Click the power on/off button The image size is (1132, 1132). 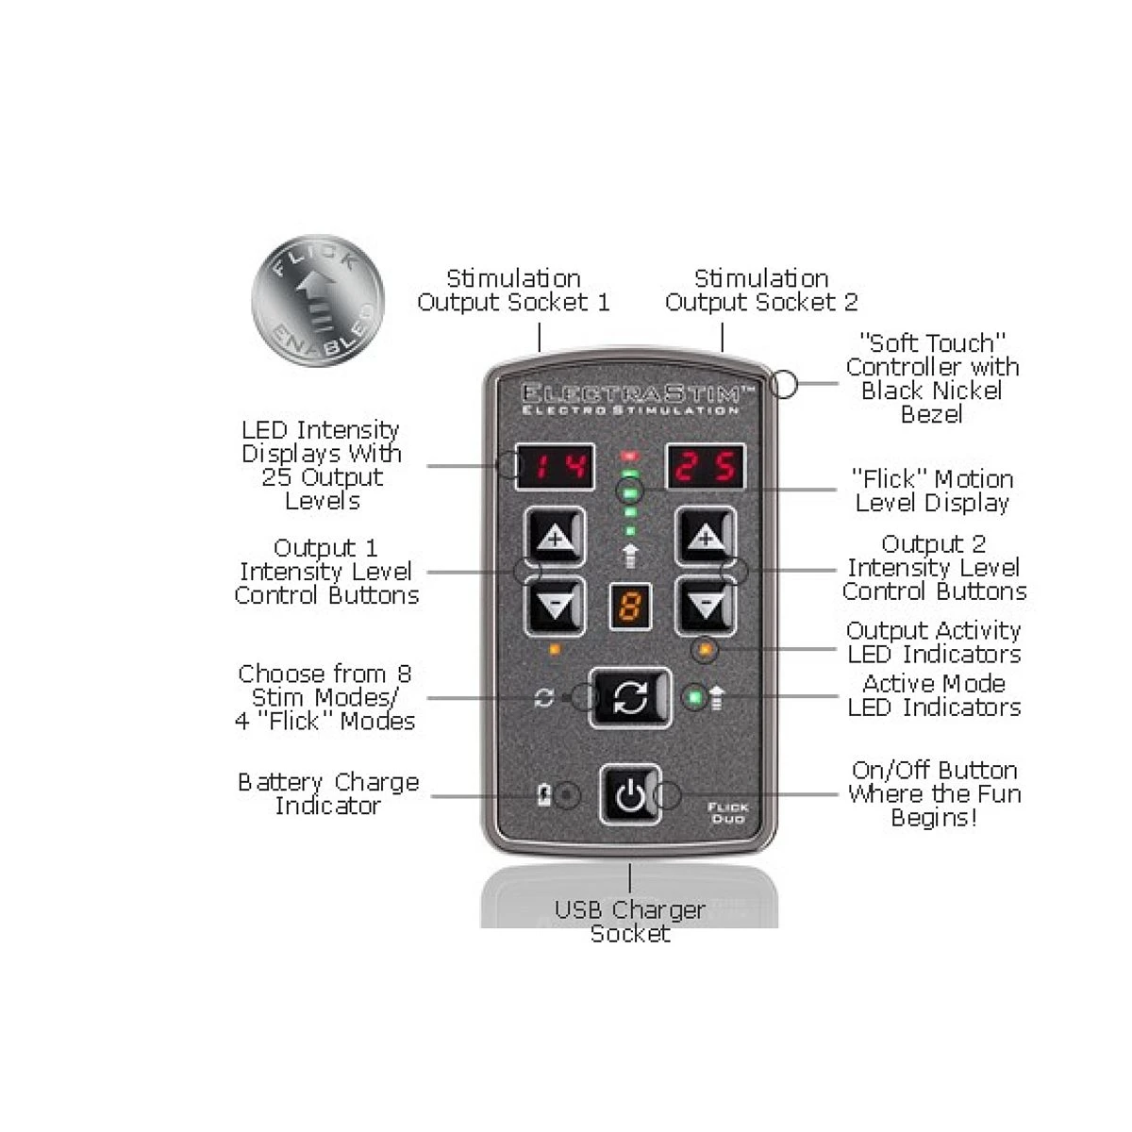630,795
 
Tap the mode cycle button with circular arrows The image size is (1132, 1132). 630,698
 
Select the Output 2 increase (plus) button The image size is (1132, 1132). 706,537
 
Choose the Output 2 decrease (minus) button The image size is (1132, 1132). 706,606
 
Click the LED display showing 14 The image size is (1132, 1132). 555,467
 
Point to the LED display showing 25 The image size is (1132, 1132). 705,467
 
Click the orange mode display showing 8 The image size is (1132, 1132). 630,607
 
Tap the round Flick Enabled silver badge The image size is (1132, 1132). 318,301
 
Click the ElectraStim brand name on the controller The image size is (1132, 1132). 638,392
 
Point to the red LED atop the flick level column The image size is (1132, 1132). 630,456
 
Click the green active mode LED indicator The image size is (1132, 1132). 695,697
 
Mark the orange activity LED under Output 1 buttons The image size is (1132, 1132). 555,649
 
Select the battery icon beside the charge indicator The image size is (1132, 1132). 544,795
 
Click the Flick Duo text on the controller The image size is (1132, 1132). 727,812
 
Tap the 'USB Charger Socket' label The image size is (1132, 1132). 630,921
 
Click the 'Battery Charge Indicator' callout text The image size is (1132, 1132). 328,793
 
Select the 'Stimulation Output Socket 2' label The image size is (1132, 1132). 761,291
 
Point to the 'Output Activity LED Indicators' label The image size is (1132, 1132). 934,642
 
